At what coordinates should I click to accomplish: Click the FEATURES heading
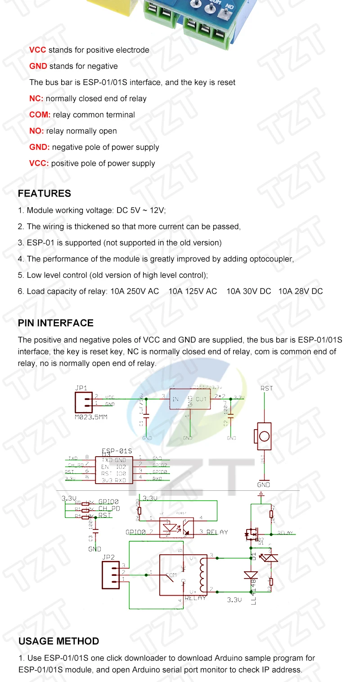(x=44, y=193)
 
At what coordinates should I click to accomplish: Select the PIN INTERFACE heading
(x=55, y=323)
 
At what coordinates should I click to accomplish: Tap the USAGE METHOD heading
(x=58, y=641)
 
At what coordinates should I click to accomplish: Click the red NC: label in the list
(x=36, y=99)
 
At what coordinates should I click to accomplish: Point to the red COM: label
(x=40, y=115)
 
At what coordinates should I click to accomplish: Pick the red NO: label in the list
(x=36, y=131)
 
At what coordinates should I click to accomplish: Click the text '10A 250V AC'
(x=135, y=291)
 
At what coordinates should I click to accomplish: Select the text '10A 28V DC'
(x=301, y=291)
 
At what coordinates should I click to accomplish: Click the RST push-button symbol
(x=264, y=436)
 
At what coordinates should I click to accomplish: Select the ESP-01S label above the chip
(x=117, y=451)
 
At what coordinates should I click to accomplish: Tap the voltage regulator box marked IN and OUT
(x=189, y=399)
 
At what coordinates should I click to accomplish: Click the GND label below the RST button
(x=263, y=485)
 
